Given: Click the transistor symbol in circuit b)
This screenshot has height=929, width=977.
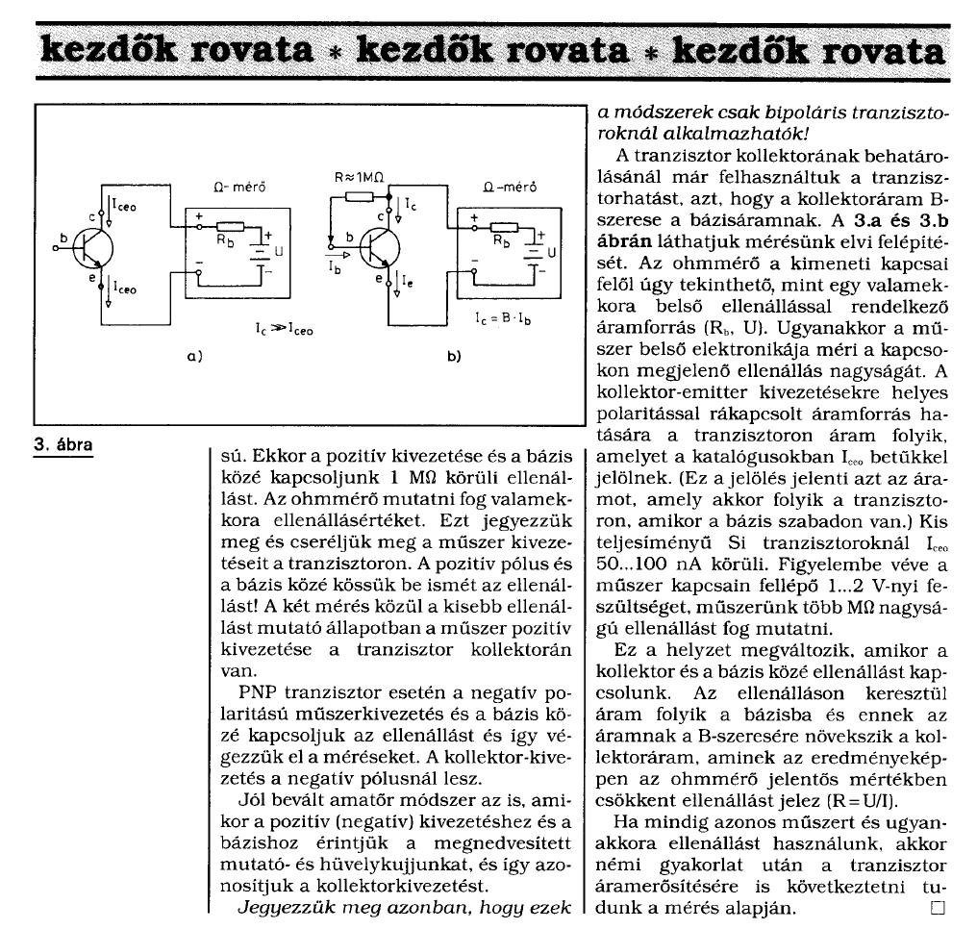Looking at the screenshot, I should [x=381, y=250].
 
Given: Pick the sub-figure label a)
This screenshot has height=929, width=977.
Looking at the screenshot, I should [x=192, y=356].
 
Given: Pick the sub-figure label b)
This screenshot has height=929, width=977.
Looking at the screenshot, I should [x=454, y=356].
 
